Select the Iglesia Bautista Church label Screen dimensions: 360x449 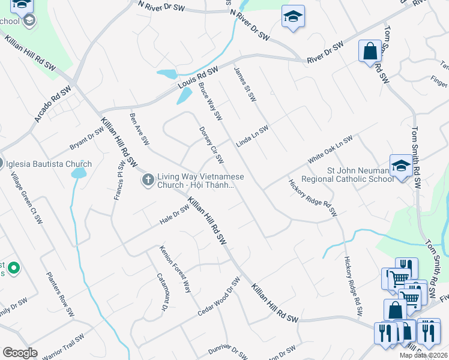(x=49, y=164)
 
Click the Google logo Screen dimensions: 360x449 (x=20, y=353)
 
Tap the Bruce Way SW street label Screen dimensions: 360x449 (x=211, y=101)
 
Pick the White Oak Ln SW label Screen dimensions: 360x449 (x=330, y=151)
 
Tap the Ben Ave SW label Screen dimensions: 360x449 (x=139, y=128)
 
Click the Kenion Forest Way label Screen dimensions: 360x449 (x=175, y=269)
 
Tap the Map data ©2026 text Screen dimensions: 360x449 (x=423, y=355)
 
